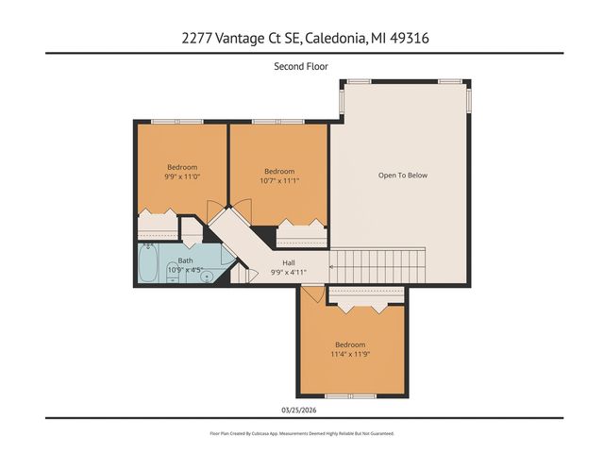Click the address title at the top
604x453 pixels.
[301, 39]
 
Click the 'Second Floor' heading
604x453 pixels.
[301, 66]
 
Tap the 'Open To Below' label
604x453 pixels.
[403, 175]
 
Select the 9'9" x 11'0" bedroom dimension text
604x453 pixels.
[182, 176]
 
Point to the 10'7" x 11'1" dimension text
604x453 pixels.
[279, 180]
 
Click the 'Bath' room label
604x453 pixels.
[186, 261]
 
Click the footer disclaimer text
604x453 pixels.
[301, 433]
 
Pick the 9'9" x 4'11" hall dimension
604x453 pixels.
[291, 272]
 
